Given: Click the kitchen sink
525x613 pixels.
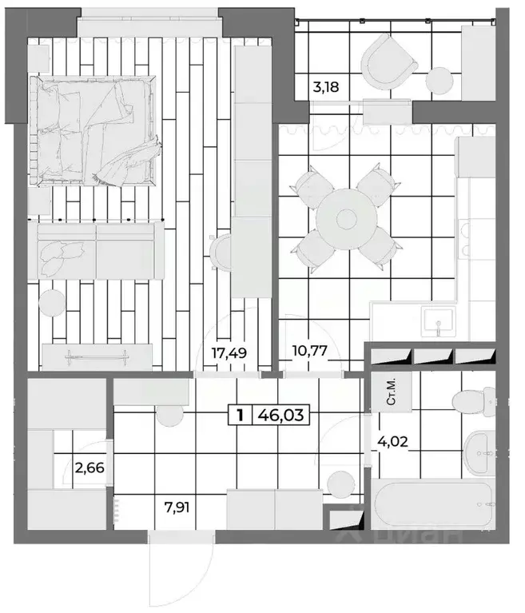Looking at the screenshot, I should coord(436,322).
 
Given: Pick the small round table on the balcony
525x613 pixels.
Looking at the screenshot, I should coord(439,80).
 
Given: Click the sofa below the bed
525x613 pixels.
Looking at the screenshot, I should coord(96,251).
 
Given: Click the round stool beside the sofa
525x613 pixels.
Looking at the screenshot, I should coord(51,302).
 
